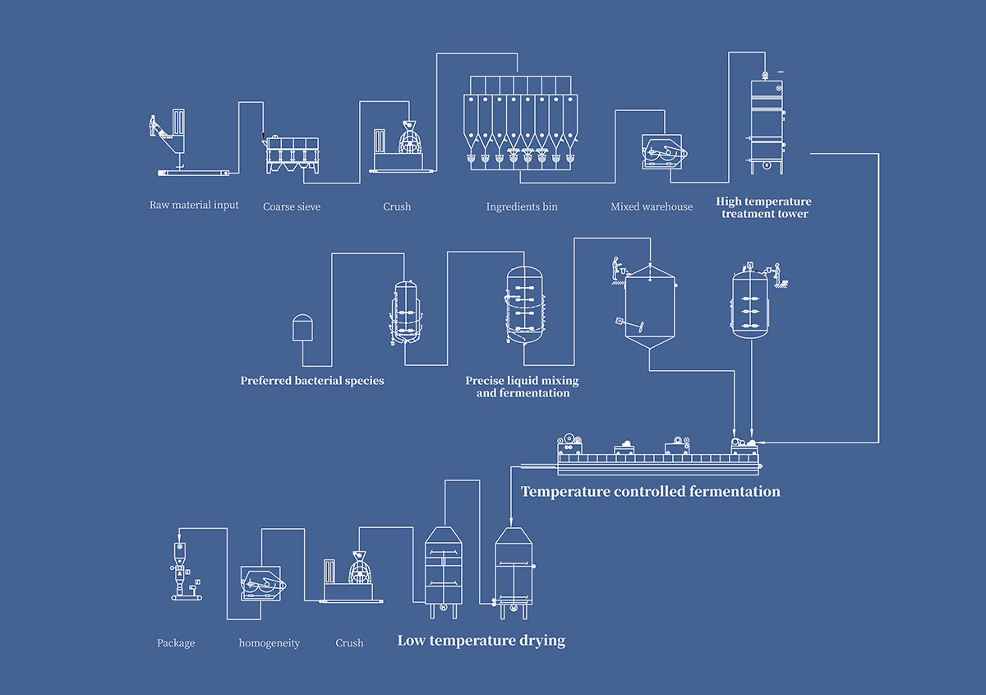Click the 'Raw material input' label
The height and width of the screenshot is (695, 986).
tap(194, 205)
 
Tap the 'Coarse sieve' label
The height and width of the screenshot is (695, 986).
tap(292, 206)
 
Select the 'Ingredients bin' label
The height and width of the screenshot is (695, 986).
tap(521, 206)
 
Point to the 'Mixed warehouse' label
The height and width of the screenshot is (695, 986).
tap(652, 206)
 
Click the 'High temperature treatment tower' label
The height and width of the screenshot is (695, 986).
tap(763, 207)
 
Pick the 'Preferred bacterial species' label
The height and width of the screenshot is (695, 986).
tap(312, 381)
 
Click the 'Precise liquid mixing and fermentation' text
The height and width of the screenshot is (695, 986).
tap(523, 387)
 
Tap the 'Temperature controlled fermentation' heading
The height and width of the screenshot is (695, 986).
tap(651, 492)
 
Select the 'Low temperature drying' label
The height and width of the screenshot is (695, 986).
tap(481, 640)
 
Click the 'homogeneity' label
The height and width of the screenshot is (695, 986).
tap(270, 642)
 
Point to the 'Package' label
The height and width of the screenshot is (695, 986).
tap(176, 642)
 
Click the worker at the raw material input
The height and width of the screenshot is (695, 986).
tap(152, 126)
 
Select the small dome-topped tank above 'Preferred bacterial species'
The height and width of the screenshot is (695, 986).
tap(303, 327)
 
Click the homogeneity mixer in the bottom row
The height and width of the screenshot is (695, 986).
tap(263, 585)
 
